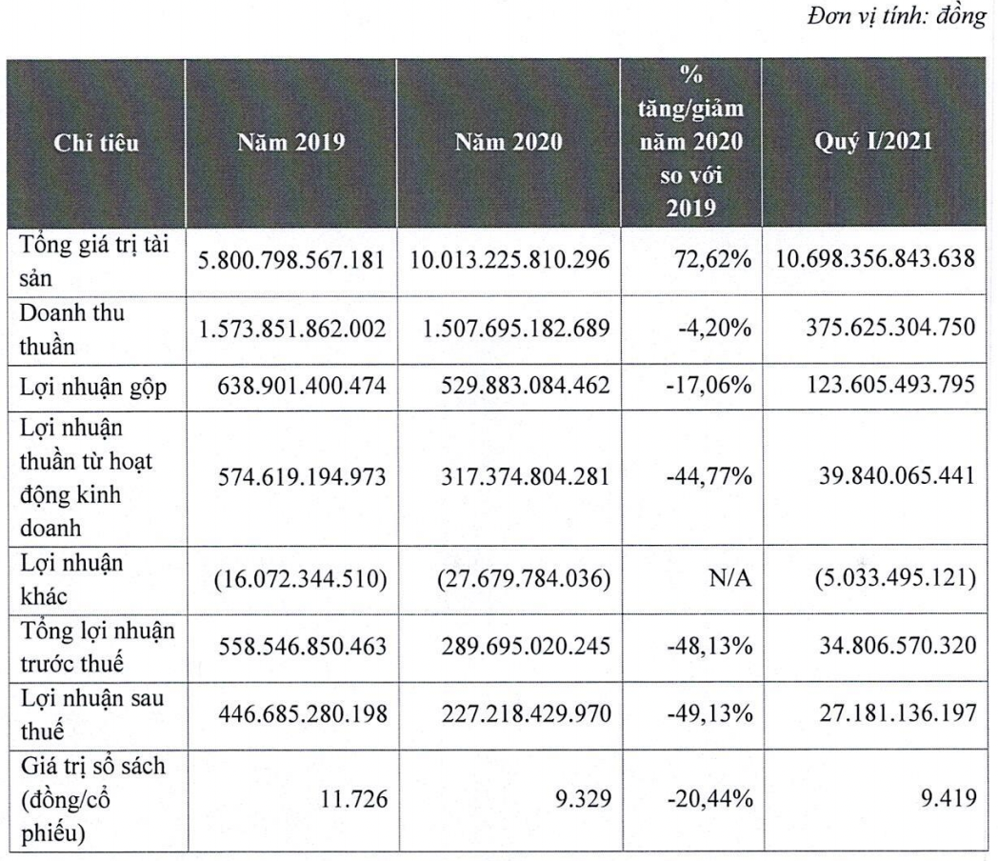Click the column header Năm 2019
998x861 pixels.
(x=290, y=142)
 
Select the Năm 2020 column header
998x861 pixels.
(x=509, y=142)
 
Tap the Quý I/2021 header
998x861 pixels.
(x=873, y=141)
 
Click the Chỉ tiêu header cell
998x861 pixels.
(x=96, y=143)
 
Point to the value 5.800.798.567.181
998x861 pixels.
(x=290, y=260)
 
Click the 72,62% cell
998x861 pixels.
(x=713, y=260)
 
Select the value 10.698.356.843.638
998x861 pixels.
(x=875, y=258)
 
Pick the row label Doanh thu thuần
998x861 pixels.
(x=72, y=329)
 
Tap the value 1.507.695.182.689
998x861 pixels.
(x=516, y=329)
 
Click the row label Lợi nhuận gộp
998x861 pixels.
(x=93, y=387)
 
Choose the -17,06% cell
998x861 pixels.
(x=709, y=385)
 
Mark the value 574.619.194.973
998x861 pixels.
(x=302, y=477)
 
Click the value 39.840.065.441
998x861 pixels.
(x=897, y=475)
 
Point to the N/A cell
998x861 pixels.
(x=730, y=578)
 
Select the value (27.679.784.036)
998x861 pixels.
(x=524, y=578)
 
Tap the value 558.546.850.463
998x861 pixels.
(x=302, y=647)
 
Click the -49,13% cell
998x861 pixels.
(x=709, y=713)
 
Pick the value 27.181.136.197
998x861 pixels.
(x=897, y=712)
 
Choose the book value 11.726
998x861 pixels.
(x=353, y=799)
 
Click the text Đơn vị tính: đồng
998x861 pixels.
(x=897, y=16)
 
